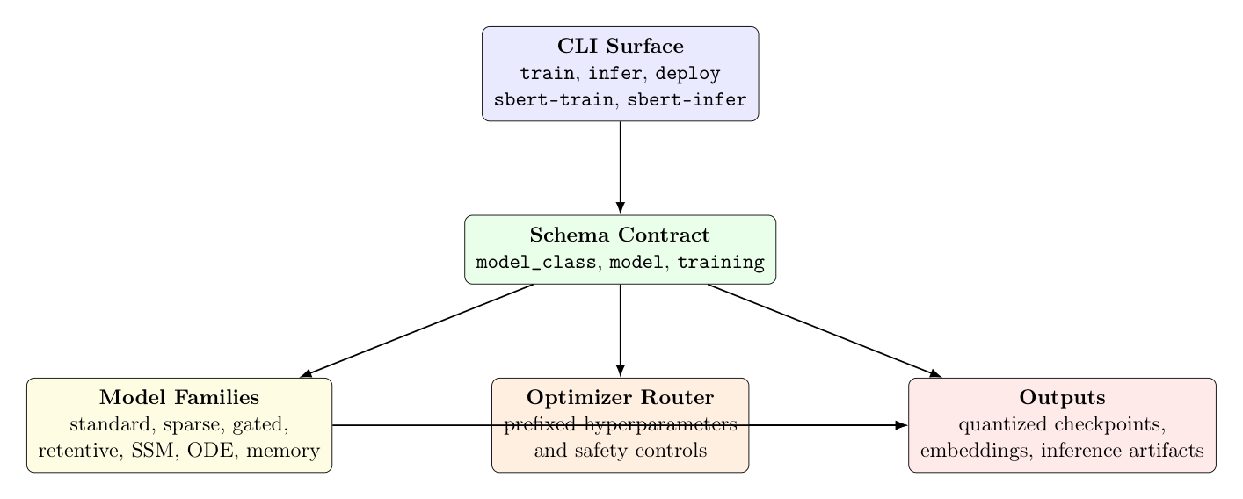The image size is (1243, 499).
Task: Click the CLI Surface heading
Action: [620, 47]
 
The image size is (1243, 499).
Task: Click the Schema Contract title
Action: [620, 235]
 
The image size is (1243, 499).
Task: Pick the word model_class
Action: [534, 262]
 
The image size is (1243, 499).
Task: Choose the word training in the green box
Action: [721, 262]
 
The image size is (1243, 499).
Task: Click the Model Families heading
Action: [179, 398]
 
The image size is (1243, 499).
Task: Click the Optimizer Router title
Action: [620, 398]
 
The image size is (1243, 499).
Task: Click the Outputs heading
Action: [1062, 398]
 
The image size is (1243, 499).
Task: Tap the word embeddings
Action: [961, 452]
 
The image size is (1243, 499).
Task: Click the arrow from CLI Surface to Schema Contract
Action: [621, 167]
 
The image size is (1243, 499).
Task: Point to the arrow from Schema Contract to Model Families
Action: [418, 330]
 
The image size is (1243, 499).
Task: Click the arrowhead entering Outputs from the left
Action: [901, 425]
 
